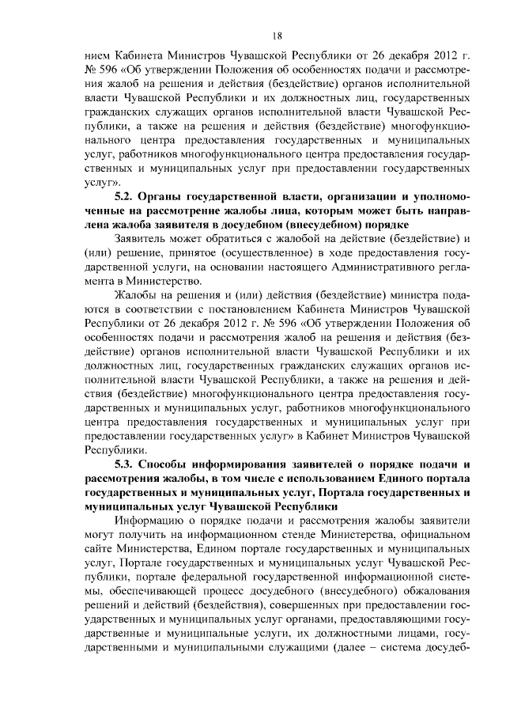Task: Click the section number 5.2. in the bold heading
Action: [x=127, y=195]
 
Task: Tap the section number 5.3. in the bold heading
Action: [x=127, y=464]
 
